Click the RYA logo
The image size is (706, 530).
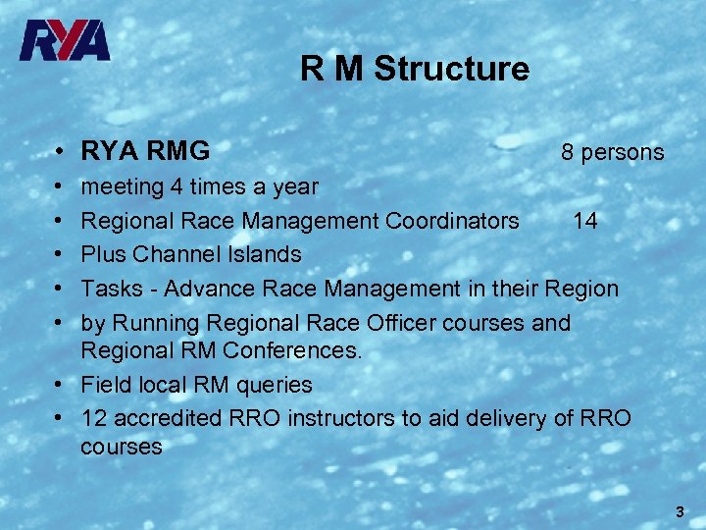pyautogui.click(x=65, y=41)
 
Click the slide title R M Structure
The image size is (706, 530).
pyautogui.click(x=414, y=69)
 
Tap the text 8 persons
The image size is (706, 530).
pyautogui.click(x=612, y=152)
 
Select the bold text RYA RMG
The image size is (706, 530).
pyautogui.click(x=145, y=151)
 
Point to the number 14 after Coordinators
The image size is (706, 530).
pyautogui.click(x=585, y=220)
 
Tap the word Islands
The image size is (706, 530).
pyautogui.click(x=264, y=254)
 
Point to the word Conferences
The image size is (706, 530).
pyautogui.click(x=291, y=350)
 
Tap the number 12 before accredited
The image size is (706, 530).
pyautogui.click(x=94, y=418)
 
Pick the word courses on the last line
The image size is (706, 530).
pyautogui.click(x=122, y=447)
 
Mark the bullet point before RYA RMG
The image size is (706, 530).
pyautogui.click(x=60, y=152)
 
